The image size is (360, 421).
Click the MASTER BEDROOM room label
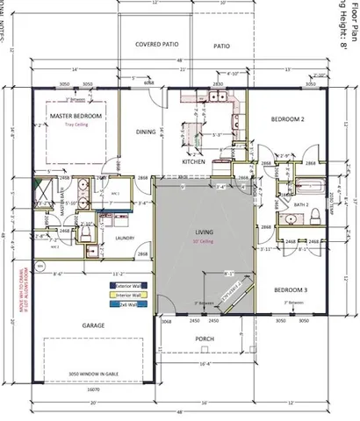point(76,116)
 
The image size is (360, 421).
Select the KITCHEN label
point(193,162)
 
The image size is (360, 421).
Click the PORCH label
point(205,339)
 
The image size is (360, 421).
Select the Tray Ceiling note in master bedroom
point(76,125)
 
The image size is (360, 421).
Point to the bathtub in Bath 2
point(313,186)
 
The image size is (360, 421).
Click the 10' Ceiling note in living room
point(204,241)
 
